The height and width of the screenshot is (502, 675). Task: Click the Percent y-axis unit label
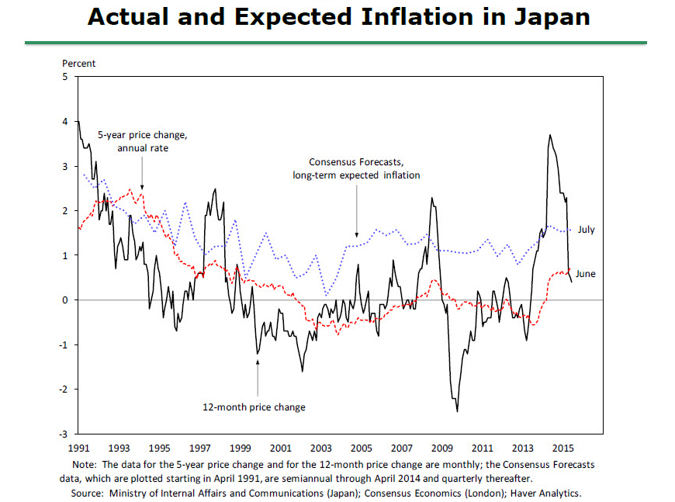(x=79, y=64)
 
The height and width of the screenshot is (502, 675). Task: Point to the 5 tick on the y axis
(x=65, y=77)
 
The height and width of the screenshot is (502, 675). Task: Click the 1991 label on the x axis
(x=78, y=448)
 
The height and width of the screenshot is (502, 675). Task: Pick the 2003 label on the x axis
(x=320, y=448)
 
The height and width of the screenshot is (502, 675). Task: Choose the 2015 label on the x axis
(x=563, y=448)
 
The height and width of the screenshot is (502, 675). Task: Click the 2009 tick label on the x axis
(x=441, y=448)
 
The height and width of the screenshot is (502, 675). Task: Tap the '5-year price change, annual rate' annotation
(x=143, y=141)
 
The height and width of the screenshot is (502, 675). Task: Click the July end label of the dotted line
(x=586, y=230)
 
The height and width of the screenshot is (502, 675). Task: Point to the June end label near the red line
(x=586, y=273)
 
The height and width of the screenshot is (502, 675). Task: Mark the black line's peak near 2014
(x=549, y=135)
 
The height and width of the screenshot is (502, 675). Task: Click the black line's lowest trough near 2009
(x=457, y=410)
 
